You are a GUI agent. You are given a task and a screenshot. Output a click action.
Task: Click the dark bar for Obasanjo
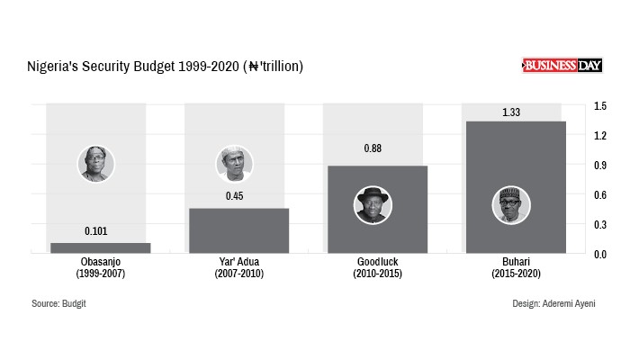point(100,248)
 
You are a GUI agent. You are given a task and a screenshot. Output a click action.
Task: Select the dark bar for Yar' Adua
point(238,231)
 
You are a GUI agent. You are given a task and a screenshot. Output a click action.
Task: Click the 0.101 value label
point(97,231)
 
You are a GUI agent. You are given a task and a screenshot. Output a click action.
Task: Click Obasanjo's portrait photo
point(96,164)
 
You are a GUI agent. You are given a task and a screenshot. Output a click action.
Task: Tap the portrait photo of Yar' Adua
point(235,164)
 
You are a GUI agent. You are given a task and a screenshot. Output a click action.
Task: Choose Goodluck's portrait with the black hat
point(373,205)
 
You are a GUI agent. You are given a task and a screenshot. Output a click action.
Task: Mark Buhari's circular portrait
point(511,205)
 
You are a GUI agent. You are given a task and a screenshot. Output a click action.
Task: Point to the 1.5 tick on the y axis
point(600,106)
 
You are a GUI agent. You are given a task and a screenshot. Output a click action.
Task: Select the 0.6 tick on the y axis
point(600,194)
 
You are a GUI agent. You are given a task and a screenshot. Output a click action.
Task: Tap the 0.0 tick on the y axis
point(600,254)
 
